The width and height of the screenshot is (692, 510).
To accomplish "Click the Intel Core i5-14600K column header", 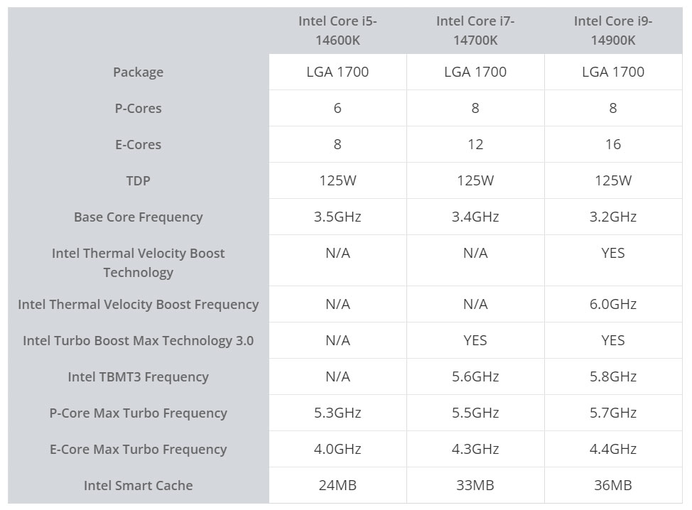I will point(337,31).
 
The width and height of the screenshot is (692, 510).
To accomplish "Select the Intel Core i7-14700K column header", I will point(475,31).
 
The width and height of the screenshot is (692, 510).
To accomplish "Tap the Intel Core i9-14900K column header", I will point(613,31).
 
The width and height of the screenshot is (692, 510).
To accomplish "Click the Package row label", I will point(138,72).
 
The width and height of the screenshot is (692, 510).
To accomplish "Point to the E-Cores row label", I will point(138,144).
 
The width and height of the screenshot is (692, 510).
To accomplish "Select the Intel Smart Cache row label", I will point(138,485).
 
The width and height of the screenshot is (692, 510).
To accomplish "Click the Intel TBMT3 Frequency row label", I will point(138,376).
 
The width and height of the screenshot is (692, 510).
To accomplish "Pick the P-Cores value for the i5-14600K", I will point(337,108).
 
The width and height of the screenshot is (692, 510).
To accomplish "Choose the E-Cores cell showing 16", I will point(613,144).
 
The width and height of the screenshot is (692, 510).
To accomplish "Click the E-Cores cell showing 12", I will point(475,144).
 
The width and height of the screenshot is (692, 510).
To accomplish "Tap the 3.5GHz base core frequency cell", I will point(337,217).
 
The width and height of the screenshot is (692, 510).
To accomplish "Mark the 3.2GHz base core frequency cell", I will point(613,217).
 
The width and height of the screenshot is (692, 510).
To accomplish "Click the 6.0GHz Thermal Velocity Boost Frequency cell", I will point(613,304).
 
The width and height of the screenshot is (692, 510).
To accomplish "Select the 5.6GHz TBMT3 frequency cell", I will point(475,376).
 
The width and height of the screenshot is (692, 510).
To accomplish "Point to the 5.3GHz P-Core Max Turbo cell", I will point(337,413).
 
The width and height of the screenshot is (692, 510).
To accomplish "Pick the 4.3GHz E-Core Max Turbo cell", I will point(475,449).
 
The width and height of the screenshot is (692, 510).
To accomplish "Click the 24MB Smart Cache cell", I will point(337,485).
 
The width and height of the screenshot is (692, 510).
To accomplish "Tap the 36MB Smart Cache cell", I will point(613,485).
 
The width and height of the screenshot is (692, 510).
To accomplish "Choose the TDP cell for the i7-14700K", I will point(475,180).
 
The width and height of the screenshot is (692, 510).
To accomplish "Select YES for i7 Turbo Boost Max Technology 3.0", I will point(475,340).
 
